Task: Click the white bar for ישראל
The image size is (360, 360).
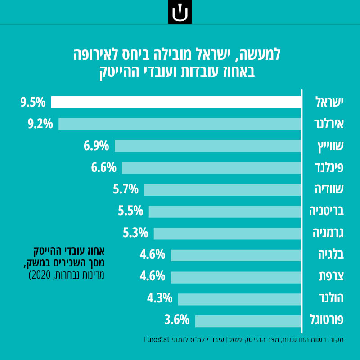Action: (176, 102)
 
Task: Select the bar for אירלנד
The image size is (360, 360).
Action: (180, 124)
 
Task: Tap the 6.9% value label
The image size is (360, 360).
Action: (96, 146)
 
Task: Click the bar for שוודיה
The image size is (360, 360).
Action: (222, 189)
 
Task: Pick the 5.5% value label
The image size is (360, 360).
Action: (130, 211)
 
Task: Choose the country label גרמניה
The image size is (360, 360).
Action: (328, 233)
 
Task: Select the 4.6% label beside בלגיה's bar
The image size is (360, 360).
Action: (153, 255)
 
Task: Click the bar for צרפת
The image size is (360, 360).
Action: (236, 276)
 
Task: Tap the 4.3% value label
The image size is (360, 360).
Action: (160, 298)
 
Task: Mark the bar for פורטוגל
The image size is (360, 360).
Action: (248, 320)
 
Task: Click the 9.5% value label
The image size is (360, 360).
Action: (33, 102)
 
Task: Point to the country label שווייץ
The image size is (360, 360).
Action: (329, 146)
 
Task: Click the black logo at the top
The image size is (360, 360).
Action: (180, 12)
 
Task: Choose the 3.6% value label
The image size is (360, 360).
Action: (177, 320)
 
